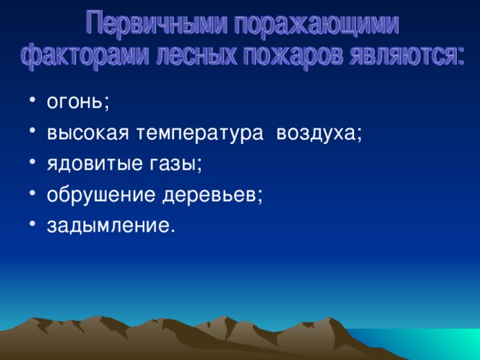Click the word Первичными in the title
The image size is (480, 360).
coord(156,23)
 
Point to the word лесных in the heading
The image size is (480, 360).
coord(196,55)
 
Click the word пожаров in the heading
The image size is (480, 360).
coord(293,56)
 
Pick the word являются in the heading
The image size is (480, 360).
coord(406,55)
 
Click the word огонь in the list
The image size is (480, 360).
coord(73,103)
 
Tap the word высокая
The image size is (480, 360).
coord(88,133)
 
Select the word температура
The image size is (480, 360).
coord(199,133)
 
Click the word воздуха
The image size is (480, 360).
coord(316,134)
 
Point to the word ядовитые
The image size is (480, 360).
coord(94,164)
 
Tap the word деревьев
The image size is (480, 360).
coord(209,195)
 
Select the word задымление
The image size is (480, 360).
coord(108,226)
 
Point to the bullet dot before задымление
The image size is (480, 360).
coord(32,223)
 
